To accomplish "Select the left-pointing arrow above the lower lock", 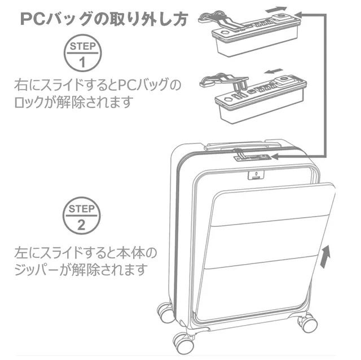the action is coord(273,72).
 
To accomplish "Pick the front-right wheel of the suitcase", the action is coord(307,323).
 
